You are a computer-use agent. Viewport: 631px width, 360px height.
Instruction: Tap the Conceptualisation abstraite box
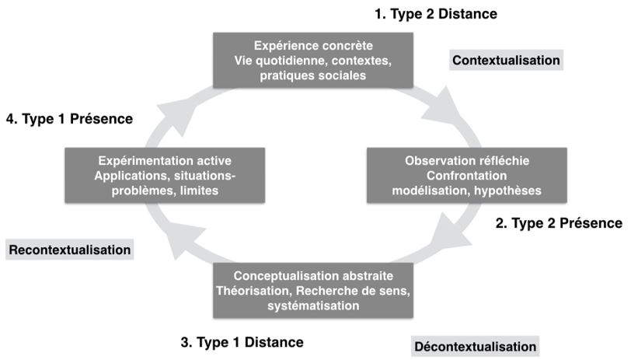point(312,290)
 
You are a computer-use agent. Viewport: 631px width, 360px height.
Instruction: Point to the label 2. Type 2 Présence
point(558,223)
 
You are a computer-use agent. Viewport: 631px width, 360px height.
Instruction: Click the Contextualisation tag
point(505,60)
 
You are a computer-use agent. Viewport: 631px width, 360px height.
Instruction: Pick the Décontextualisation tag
point(474,346)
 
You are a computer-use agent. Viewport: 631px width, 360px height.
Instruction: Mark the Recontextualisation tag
point(69,250)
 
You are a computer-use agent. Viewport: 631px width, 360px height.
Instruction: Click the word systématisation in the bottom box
point(312,306)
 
